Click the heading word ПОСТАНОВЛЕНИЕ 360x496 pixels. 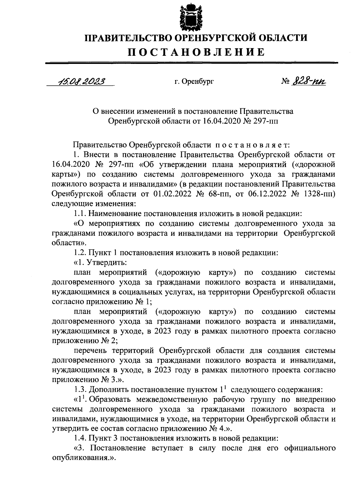click(x=196, y=52)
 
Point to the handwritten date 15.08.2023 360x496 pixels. click(x=80, y=82)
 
